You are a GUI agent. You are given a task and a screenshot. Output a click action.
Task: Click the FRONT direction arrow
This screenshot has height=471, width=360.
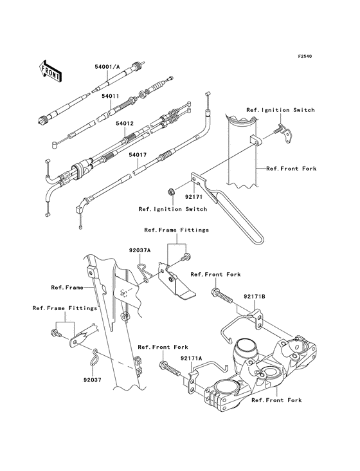coord(50,71)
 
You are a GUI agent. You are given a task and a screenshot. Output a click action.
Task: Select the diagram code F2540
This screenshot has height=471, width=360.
coord(305,56)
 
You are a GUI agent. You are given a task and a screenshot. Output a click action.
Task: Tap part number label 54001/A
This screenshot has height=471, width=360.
coord(107,67)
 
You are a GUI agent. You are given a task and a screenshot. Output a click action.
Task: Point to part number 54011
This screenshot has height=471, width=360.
coord(110,96)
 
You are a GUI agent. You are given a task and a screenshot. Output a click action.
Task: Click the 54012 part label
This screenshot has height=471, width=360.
coord(125,124)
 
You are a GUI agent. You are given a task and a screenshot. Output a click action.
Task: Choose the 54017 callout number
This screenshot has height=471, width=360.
coord(138,155)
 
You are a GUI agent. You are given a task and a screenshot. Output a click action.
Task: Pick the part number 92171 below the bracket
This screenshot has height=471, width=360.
coord(194,197)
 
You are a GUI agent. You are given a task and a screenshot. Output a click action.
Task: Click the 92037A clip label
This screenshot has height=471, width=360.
coord(139,250)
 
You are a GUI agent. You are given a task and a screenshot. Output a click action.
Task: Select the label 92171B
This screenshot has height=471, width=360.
coord(255,297)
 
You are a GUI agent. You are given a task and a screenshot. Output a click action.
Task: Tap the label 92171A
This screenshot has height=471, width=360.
coord(192,358)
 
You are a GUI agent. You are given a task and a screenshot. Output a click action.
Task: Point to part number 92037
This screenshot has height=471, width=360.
coord(93,380)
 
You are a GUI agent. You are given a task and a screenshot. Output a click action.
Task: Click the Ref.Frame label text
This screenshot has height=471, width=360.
coord(67,288)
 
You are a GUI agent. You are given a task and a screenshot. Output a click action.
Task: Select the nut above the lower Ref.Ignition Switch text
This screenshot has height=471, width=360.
coord(171,191)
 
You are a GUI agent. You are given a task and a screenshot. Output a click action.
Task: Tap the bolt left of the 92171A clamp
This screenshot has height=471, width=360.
coord(170,369)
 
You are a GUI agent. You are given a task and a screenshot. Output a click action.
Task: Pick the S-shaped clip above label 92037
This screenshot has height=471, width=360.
coord(94,357)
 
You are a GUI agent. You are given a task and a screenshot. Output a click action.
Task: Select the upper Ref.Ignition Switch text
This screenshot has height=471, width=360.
coord(280,110)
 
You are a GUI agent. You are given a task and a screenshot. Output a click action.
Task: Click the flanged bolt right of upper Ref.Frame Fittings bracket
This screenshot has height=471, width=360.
coord(186,257)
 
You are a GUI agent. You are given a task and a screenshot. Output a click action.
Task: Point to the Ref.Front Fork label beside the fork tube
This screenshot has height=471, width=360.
coord(291,169)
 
